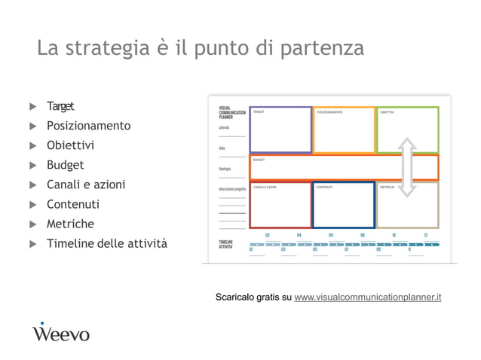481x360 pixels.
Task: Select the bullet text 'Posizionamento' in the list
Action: click(88, 126)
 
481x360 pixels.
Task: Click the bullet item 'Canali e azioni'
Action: click(86, 185)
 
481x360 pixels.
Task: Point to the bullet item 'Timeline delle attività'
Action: click(107, 243)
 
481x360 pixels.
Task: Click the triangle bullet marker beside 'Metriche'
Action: click(32, 224)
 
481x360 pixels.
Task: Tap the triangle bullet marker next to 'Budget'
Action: click(32, 166)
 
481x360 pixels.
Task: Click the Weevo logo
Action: click(60, 332)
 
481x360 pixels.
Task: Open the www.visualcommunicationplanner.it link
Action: click(367, 297)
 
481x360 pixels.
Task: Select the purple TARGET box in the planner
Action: click(280, 130)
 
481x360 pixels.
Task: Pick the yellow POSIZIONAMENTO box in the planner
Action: click(344, 130)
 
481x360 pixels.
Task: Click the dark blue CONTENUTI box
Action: click(344, 204)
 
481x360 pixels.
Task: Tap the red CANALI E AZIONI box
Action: click(280, 204)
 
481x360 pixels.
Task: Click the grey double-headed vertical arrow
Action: click(407, 166)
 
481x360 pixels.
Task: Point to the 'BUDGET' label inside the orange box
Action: click(259, 160)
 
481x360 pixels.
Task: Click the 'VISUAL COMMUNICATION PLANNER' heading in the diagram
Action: click(231, 113)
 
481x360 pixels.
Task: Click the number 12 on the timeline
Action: click(426, 236)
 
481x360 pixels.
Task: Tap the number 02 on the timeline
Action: click(268, 236)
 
